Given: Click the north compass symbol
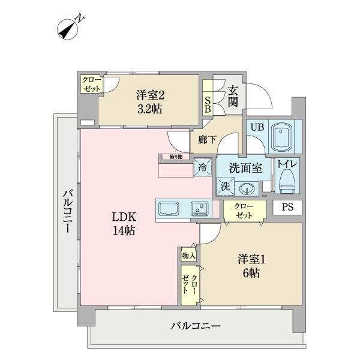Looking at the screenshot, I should [69, 28].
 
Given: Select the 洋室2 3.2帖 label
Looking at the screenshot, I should [149, 101].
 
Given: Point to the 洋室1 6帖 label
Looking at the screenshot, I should [251, 266].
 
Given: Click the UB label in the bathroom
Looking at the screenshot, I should [256, 127].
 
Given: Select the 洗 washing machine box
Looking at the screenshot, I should [224, 187].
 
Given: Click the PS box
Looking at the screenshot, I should [287, 207].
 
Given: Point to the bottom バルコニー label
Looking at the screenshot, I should [196, 326].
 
